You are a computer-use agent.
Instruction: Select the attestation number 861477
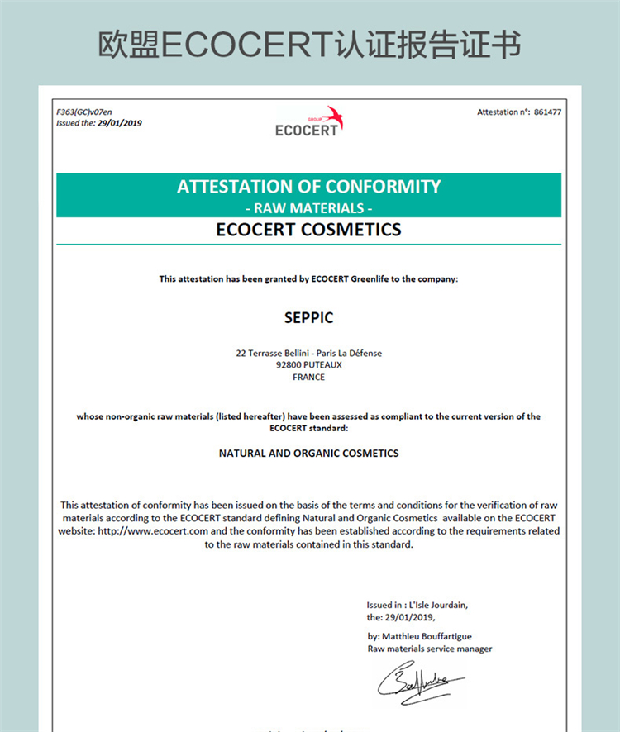[x=547, y=112]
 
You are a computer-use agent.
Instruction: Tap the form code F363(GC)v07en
[x=83, y=112]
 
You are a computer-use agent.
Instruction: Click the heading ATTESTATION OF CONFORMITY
[x=308, y=187]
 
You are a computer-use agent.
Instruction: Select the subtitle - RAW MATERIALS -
[x=308, y=207]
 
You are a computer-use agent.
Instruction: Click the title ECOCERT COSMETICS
[x=308, y=230]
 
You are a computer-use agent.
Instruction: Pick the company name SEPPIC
[x=308, y=317]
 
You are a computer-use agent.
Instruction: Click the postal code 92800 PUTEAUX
[x=308, y=364]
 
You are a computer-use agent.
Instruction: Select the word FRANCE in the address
[x=308, y=377]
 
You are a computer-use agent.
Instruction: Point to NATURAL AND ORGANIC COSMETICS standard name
[x=308, y=453]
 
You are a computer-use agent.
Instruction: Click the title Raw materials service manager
[x=429, y=649]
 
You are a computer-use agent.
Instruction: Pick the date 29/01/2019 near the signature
[x=409, y=616]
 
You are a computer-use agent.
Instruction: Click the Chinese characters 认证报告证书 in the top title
[x=430, y=45]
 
